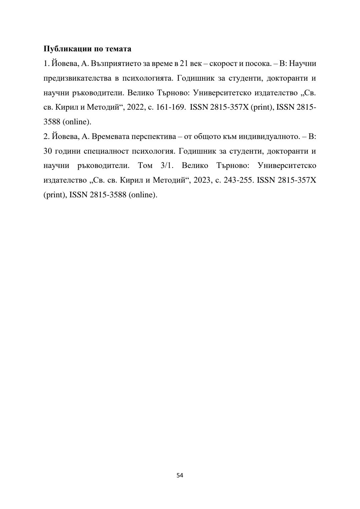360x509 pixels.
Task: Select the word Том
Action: point(145,166)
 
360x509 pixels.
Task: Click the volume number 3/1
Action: point(165,166)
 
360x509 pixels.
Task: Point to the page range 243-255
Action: point(237,180)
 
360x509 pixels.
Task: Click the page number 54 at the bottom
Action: point(180,475)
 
